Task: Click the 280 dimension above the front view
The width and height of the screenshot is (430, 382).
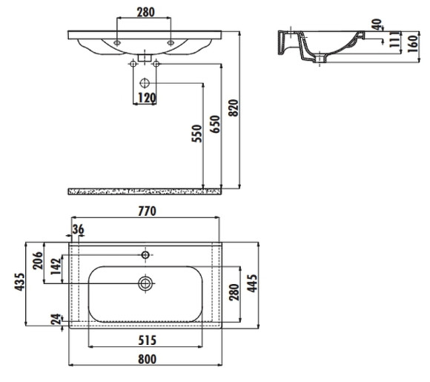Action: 145,12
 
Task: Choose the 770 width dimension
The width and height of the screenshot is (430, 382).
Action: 145,211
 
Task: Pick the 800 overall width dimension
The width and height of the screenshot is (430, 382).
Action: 145,358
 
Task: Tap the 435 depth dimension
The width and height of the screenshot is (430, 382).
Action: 19,283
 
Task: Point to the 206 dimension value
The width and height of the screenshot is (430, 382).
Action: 38,261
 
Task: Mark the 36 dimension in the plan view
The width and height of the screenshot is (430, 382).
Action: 79,228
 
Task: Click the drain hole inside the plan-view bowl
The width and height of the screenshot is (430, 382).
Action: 145,283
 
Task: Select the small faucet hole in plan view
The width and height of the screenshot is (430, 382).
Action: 145,254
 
